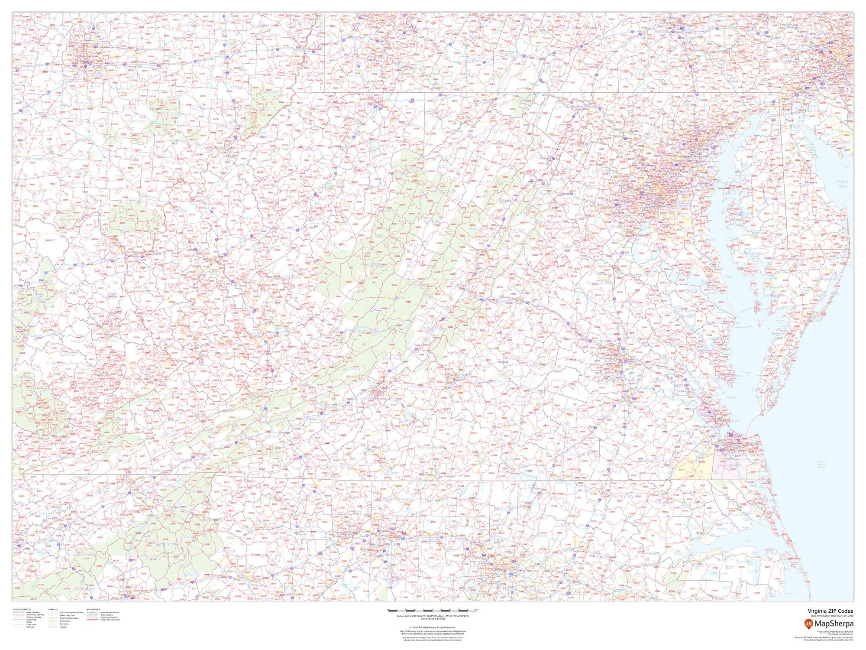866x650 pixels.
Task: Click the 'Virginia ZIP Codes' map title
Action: pos(830,611)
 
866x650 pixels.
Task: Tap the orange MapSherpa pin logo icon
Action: pos(809,624)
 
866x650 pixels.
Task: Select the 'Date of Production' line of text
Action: pos(830,616)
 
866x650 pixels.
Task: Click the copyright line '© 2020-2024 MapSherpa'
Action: pos(433,627)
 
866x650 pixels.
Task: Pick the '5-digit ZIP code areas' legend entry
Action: pos(110,620)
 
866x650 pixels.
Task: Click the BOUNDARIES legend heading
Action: pos(94,609)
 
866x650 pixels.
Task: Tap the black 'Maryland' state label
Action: pos(724,188)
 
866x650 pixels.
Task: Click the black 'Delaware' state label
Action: pos(811,182)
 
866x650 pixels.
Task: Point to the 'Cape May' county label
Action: pos(843,184)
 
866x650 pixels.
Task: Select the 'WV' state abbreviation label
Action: pos(316,226)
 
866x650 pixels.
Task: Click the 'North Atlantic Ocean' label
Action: pos(822,464)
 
